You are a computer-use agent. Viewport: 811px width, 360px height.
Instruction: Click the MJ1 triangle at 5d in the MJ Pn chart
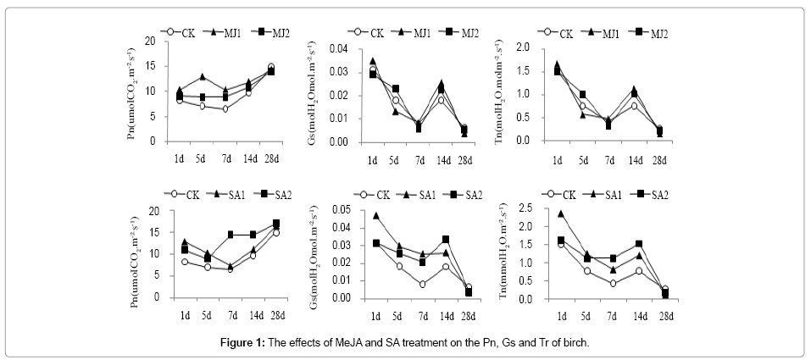coord(202,76)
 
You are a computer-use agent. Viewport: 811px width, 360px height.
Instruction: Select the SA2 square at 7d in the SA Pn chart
coord(230,235)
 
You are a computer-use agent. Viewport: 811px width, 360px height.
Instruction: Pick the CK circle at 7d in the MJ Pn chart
coord(225,108)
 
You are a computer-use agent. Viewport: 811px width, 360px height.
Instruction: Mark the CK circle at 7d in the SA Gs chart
coord(421,284)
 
